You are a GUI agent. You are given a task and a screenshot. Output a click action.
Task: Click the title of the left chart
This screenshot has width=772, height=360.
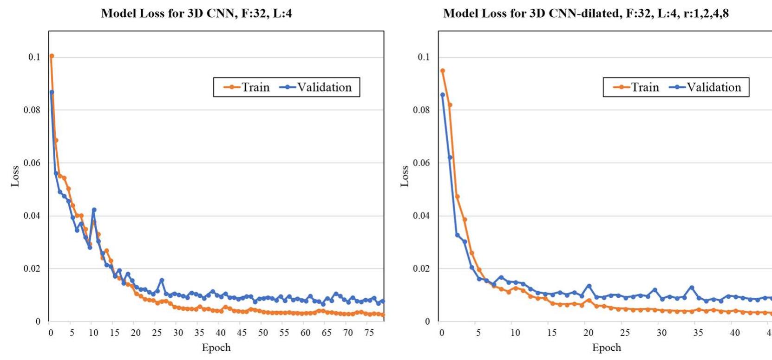coord(196,13)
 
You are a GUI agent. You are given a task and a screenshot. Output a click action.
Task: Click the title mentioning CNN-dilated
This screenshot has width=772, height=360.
coord(586,13)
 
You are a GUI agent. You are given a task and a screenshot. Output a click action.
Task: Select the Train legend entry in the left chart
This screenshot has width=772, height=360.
coord(247,87)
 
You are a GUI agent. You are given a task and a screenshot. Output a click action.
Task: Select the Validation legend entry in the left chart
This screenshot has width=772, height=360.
coord(316,87)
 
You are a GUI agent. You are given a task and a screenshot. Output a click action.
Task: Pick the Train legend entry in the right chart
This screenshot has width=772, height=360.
coord(636,87)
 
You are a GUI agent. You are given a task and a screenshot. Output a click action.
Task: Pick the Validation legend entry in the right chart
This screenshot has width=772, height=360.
coord(706,87)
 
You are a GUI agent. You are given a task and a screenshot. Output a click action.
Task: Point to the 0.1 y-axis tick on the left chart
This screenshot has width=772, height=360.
coord(34,57)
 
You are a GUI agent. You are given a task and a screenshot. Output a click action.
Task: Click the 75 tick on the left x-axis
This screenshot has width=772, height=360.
coord(369,333)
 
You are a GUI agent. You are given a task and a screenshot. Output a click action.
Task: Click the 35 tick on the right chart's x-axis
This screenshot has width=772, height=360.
coord(698,333)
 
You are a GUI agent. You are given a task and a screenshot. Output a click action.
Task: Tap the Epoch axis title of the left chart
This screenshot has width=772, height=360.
coord(216,347)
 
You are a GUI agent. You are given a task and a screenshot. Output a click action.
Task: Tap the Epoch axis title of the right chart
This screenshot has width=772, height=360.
coord(606,347)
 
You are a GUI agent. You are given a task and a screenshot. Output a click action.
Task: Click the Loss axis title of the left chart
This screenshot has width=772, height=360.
coord(15,176)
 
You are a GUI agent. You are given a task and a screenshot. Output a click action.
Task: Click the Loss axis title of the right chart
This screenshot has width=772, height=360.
coord(405,176)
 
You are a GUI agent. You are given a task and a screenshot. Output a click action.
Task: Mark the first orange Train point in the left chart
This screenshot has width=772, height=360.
coord(52,56)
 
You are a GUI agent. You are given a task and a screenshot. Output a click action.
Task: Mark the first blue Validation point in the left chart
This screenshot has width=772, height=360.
coord(52,92)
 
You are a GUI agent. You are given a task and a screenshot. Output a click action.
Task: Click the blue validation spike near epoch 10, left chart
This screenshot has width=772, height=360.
coord(94,209)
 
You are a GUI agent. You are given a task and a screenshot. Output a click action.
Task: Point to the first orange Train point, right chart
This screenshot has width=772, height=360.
coord(442,71)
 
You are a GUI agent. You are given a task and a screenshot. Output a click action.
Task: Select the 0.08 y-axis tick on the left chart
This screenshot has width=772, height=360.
coord(32,110)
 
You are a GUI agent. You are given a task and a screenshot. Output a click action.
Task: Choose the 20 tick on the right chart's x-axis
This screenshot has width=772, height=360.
coord(588,333)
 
